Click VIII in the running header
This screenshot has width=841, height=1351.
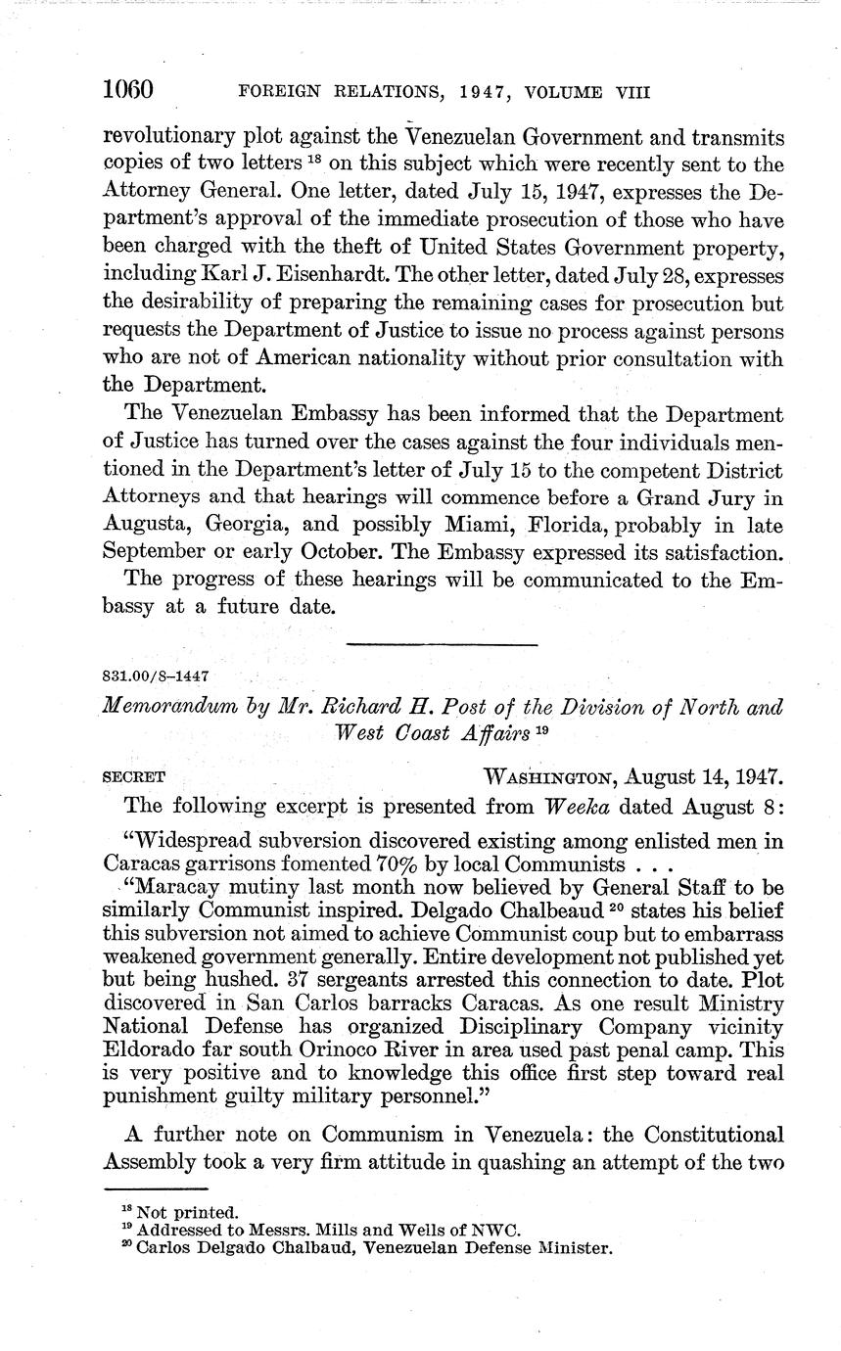pos(631,93)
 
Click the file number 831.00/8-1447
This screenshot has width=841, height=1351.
pos(155,675)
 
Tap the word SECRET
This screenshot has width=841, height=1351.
pos(133,777)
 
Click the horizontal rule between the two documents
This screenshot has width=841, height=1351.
pos(443,643)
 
